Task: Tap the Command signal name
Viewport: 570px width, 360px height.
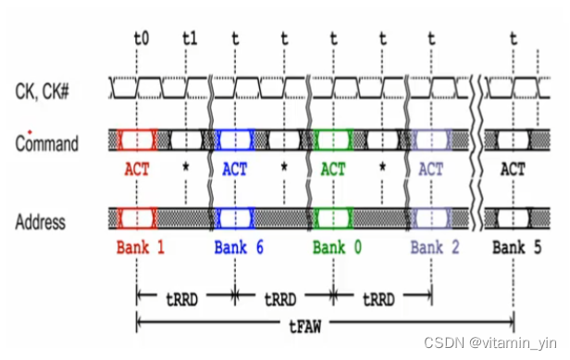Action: tap(47, 143)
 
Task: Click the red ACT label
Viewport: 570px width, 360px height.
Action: tap(136, 170)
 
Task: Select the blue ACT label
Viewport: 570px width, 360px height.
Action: tap(234, 170)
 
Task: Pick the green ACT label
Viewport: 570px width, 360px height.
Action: tap(332, 170)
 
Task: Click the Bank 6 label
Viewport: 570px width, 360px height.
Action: tap(238, 247)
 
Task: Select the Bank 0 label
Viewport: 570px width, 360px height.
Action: tap(336, 247)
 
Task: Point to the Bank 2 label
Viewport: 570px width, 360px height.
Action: tap(434, 247)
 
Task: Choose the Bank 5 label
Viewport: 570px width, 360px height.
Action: tap(516, 247)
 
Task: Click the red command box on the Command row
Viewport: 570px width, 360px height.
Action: tap(136, 140)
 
